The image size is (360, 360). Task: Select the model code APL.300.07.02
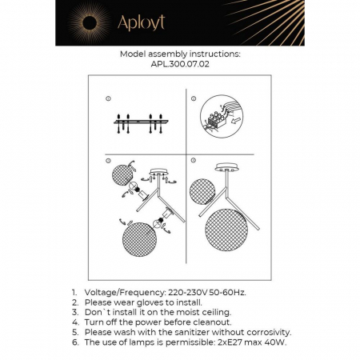point(179,65)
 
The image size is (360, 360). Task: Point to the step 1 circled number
point(106,98)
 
